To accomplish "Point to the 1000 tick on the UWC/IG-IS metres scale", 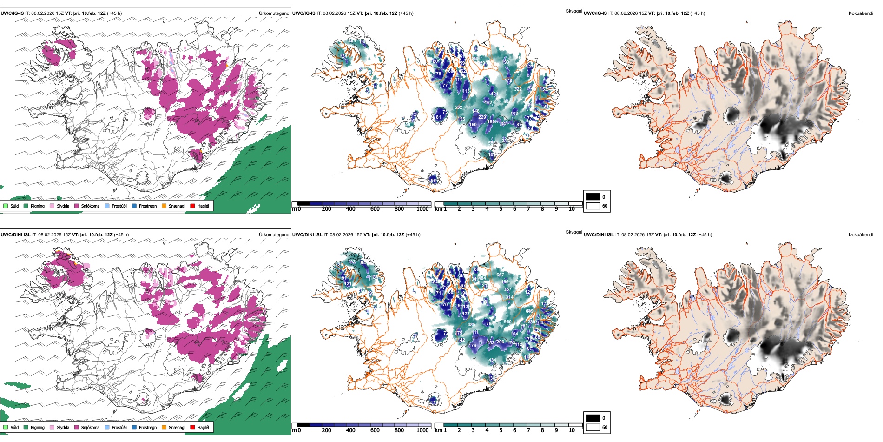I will (x=422, y=209).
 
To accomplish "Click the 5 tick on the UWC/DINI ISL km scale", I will (x=501, y=430).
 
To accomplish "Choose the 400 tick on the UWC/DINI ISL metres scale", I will (x=351, y=430).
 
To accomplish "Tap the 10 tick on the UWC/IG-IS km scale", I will (x=572, y=209).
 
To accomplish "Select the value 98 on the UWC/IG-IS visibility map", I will (x=434, y=181).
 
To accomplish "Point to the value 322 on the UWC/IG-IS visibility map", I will (x=518, y=89).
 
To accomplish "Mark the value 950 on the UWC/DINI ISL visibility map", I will (x=507, y=321).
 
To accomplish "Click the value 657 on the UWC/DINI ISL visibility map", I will (x=500, y=275).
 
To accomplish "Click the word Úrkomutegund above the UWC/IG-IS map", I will (x=274, y=13).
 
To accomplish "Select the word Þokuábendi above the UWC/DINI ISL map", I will (x=861, y=234).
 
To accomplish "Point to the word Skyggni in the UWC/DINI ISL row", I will (x=573, y=232).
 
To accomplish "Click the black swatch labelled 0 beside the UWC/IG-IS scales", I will (x=593, y=197).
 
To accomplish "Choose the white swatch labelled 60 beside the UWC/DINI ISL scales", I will (x=593, y=427).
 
